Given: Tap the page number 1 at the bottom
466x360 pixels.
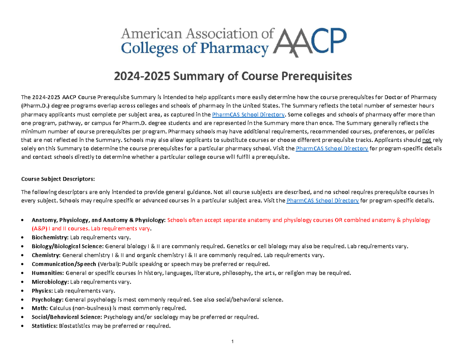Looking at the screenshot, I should pos(232,342).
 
